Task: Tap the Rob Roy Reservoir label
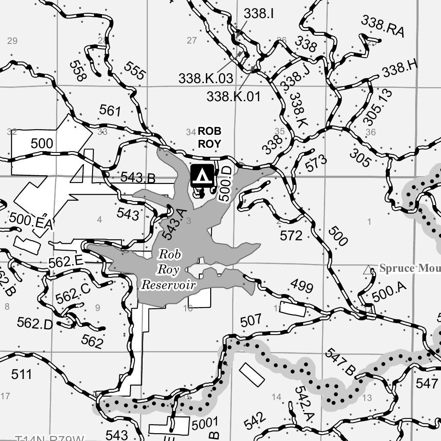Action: [x=169, y=270]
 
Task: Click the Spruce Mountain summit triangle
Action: [x=368, y=270]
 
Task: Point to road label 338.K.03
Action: [x=205, y=78]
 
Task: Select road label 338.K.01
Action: [x=233, y=96]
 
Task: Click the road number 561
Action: [x=110, y=111]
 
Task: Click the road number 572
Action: [x=291, y=236]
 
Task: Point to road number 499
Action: [x=301, y=285]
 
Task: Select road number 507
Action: [x=251, y=320]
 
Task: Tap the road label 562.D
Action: [x=34, y=323]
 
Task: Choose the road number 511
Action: [x=22, y=374]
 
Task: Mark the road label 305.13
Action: [x=372, y=107]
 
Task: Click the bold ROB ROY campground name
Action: [x=209, y=137]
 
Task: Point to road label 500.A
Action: [x=389, y=293]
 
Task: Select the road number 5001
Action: [x=205, y=423]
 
